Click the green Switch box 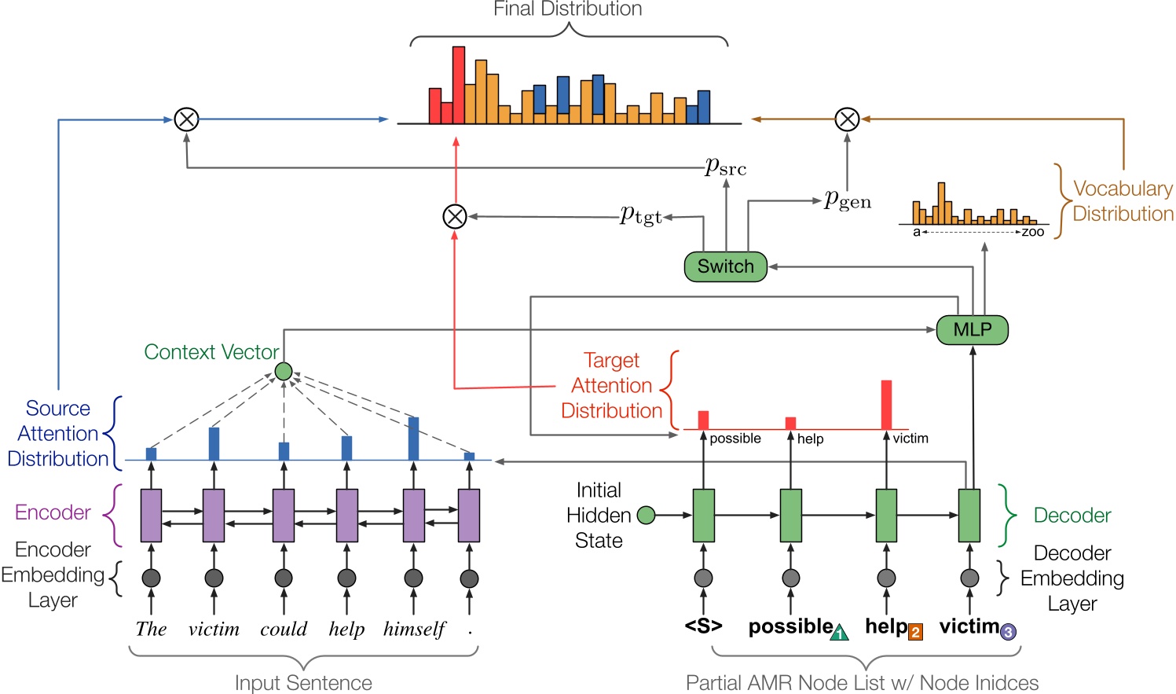click(x=725, y=266)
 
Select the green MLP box click(x=972, y=329)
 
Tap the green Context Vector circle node click(x=284, y=371)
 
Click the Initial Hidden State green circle click(x=646, y=516)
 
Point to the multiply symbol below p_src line click(x=455, y=216)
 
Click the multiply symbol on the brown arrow click(x=847, y=119)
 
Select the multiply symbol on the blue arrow click(x=186, y=119)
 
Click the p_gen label click(x=848, y=200)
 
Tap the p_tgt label click(x=641, y=215)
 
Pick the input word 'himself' click(x=414, y=630)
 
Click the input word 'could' click(x=284, y=630)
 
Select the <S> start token click(x=703, y=626)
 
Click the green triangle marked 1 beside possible click(x=839, y=633)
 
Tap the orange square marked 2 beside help click(x=915, y=632)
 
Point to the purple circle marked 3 click(x=1008, y=632)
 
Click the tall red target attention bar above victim click(x=886, y=405)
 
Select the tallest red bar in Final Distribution click(x=458, y=85)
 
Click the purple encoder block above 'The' click(x=151, y=516)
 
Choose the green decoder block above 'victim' click(x=969, y=516)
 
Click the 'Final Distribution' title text click(x=567, y=9)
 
